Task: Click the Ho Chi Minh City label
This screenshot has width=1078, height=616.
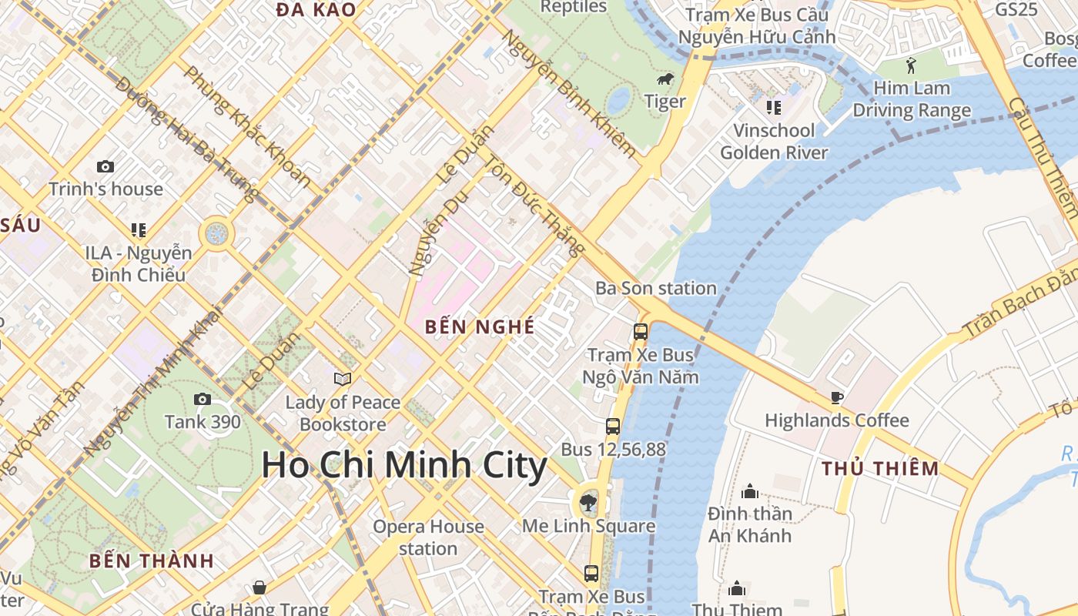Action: coord(404,466)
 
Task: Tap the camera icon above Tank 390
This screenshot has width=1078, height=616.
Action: coord(203,399)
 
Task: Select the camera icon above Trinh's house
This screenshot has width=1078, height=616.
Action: coord(105,166)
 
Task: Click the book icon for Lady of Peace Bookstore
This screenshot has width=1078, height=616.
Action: coord(343,379)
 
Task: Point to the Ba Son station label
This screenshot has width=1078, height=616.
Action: coord(656,289)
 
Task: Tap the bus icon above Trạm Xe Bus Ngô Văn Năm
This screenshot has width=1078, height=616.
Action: coord(641,332)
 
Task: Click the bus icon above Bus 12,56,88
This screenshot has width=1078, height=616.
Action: coord(613,426)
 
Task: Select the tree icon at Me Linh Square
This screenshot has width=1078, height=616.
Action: coord(588,504)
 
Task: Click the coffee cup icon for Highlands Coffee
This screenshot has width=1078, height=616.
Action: coord(837,397)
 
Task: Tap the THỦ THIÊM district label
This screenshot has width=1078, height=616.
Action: coord(880,468)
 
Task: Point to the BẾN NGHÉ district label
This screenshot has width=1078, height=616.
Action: coord(480,326)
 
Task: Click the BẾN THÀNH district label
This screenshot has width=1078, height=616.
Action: coord(151,561)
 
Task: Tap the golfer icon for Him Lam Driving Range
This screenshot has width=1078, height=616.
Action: coord(912,65)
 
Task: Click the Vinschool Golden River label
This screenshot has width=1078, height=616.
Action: coord(774,142)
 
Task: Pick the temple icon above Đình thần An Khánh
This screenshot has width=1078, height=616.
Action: coord(750,491)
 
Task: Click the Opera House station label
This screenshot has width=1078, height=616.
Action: coord(428,537)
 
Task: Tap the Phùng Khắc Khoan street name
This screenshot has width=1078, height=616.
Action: coord(247,126)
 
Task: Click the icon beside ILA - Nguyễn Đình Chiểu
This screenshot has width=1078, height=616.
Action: coord(139,229)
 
